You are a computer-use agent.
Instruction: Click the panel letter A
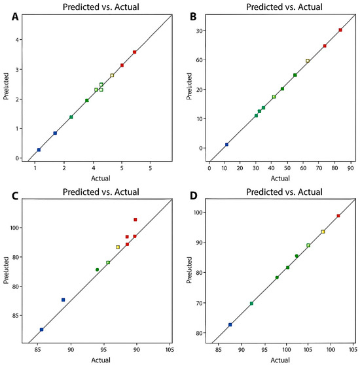click(15, 17)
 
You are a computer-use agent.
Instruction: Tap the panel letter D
click(194, 196)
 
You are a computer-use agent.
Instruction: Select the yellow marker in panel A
click(112, 75)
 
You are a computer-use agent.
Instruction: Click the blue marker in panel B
click(226, 145)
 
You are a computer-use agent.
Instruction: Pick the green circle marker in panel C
click(97, 269)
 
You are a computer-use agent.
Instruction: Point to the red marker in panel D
click(338, 216)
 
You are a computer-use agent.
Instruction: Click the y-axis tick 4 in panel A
click(17, 39)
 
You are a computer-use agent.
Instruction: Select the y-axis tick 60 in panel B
click(199, 60)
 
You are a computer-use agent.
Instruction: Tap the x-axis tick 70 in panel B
click(319, 168)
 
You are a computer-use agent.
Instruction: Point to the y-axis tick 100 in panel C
click(14, 228)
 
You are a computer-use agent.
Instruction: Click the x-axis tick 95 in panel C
click(103, 350)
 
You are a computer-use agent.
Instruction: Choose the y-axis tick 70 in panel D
click(199, 303)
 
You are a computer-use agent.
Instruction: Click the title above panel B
click(284, 7)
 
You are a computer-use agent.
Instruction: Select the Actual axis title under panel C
click(101, 360)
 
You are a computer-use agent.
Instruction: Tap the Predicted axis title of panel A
click(6, 86)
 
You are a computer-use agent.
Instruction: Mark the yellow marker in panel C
click(118, 247)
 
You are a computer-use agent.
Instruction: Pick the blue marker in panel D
click(230, 324)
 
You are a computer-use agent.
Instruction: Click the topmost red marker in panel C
click(135, 220)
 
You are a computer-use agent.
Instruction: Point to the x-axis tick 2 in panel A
click(64, 168)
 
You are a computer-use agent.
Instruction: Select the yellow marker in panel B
click(308, 61)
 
